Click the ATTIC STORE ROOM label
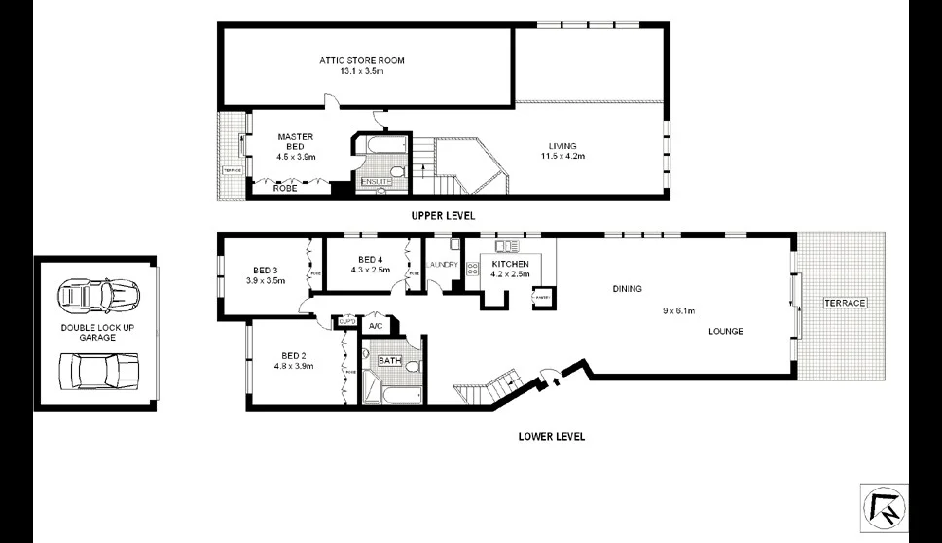[361, 60]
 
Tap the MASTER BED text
[295, 141]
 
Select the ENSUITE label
[376, 182]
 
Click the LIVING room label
[562, 146]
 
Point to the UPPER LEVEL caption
[442, 215]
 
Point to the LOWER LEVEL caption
[552, 437]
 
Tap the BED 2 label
[295, 355]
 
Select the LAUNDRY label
[443, 264]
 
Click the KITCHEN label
[510, 264]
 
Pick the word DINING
[628, 289]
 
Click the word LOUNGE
[725, 331]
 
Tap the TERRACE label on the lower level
[844, 304]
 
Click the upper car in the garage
[97, 293]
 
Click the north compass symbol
[884, 507]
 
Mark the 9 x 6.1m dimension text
[681, 311]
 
